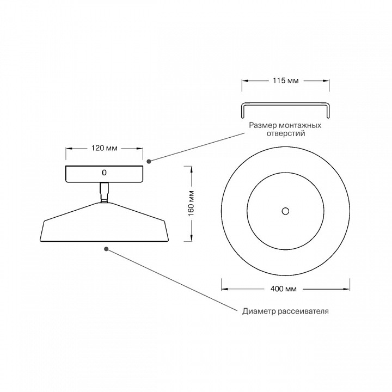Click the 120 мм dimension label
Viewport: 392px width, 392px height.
104,148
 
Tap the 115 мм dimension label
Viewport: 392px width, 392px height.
285,81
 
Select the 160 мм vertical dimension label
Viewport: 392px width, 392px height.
191,204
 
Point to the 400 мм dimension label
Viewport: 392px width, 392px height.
284,289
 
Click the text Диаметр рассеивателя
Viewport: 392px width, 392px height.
285,311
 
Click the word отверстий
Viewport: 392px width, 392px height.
286,133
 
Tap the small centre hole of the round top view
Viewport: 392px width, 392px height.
285,211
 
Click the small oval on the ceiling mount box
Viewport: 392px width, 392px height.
104,173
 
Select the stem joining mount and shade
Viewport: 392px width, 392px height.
104,192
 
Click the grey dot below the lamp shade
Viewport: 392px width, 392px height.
106,249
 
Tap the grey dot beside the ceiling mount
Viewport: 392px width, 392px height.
149,162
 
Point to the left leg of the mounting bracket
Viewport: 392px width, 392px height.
242,111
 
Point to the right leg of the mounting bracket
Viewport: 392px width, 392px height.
328,111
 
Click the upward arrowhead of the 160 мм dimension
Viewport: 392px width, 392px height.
191,169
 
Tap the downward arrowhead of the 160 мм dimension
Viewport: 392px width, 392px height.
191,238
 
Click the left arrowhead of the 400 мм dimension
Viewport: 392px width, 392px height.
225,289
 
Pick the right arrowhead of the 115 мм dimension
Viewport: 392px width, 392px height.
326,81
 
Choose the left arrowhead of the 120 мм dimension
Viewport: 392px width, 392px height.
69,149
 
